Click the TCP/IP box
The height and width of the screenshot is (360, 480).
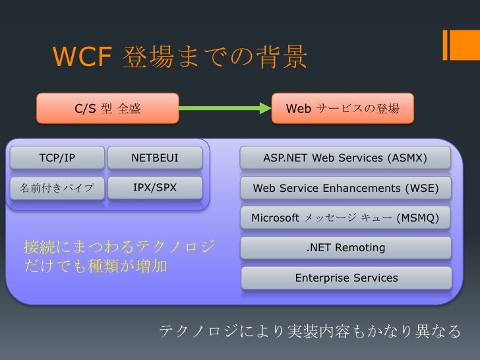coord(57,158)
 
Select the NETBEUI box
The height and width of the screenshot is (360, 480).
coord(155,158)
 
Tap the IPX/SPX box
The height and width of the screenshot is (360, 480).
coord(155,188)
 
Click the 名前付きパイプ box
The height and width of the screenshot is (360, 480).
coord(53,188)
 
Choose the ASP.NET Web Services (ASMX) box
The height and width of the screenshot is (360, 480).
coord(345,158)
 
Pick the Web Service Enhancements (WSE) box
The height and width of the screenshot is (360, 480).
coord(345,188)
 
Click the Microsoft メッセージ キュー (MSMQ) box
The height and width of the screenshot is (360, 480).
coord(345,218)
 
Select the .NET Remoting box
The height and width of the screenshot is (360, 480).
coord(345,248)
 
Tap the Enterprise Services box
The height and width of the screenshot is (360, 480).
coord(346,278)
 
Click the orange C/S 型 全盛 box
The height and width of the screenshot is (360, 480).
coord(107,108)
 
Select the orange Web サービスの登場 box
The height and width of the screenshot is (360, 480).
coord(343,108)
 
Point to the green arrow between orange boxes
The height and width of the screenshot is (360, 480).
coord(224,108)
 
